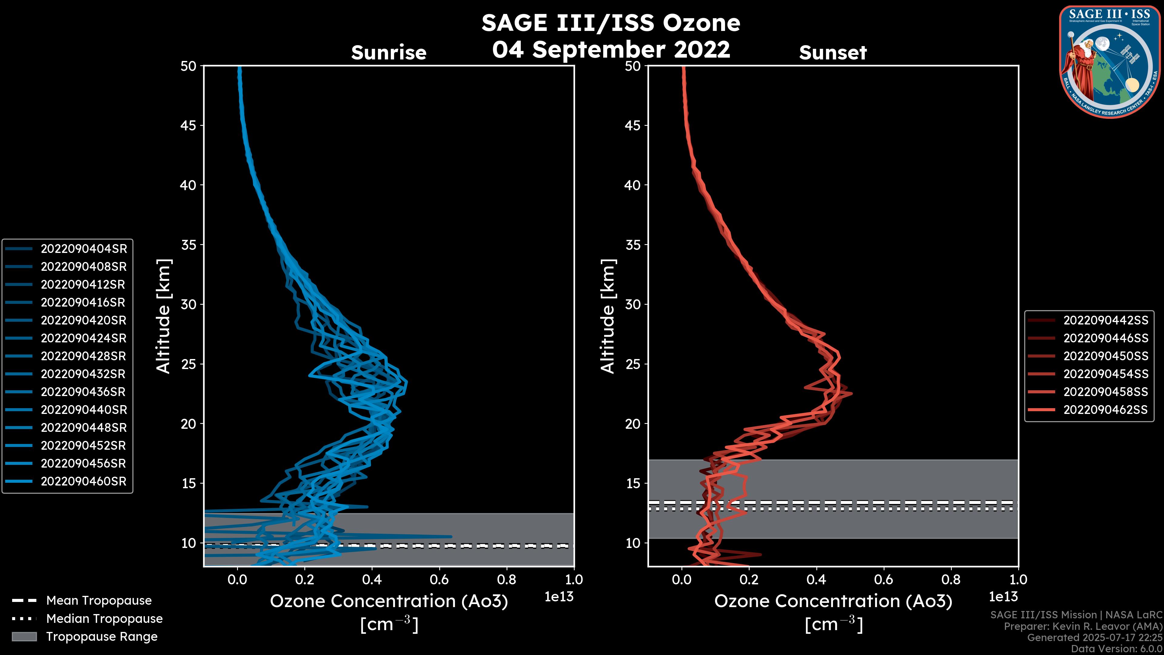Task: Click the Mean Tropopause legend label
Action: (x=99, y=600)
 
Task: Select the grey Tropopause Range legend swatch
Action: (x=24, y=637)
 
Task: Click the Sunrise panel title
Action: (x=389, y=52)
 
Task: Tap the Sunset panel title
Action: (x=833, y=52)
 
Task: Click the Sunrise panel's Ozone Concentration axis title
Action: (x=389, y=601)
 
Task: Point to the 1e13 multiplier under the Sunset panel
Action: (x=1003, y=597)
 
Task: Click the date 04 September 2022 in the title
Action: (x=611, y=49)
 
